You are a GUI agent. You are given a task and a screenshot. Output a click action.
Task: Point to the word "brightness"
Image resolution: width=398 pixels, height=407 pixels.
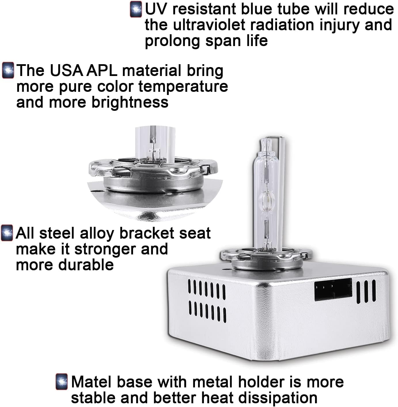click(x=130, y=102)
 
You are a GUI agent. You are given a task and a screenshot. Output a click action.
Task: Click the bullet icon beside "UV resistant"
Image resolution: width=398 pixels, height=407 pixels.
click(x=136, y=9)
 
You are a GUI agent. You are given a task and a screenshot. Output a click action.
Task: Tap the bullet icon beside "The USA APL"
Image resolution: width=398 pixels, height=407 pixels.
click(x=8, y=70)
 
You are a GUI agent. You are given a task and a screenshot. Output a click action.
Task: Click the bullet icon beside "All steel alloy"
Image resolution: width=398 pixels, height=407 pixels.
click(x=7, y=233)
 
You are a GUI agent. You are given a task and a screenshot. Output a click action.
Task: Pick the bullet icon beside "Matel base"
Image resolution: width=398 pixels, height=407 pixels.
click(x=62, y=382)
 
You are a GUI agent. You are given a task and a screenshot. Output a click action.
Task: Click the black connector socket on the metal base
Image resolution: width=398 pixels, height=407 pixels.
click(x=333, y=290)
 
